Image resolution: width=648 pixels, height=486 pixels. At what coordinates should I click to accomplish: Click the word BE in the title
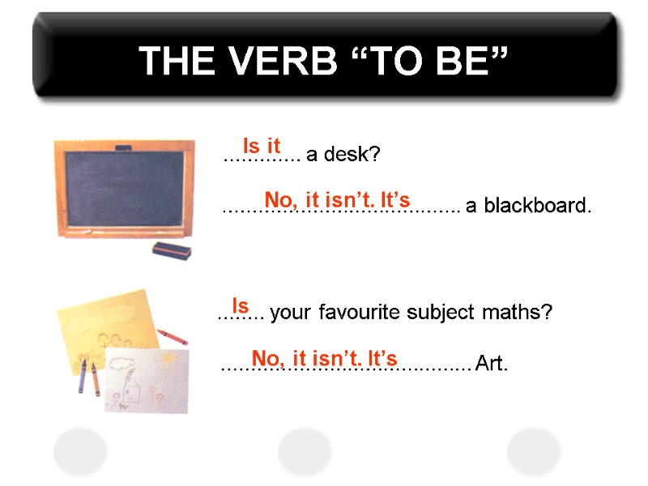tap(469, 62)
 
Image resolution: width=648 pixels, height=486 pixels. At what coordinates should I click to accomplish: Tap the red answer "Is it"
tap(262, 147)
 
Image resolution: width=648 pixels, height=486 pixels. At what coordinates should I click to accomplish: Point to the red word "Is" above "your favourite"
tap(241, 306)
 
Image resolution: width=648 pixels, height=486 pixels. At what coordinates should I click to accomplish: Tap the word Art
tap(492, 365)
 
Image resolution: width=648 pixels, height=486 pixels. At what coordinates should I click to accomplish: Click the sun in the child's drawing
tap(168, 356)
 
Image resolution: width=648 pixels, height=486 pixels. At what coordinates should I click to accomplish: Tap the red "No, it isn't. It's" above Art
tap(324, 358)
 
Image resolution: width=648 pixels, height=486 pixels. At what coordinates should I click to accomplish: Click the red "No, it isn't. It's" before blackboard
tap(338, 199)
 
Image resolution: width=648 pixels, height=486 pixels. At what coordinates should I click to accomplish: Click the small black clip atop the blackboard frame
tap(124, 147)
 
